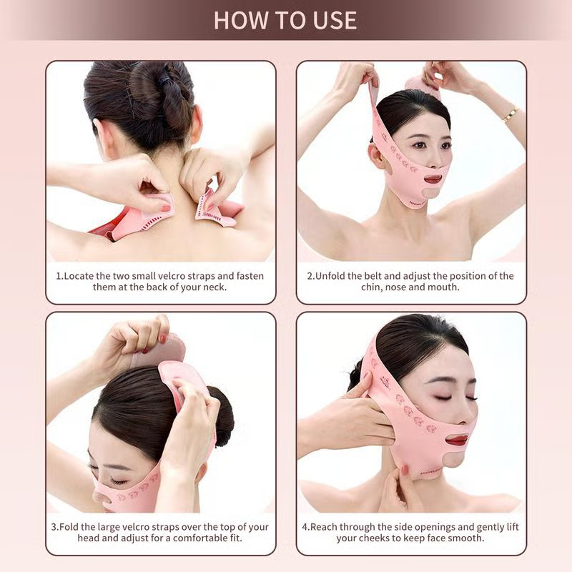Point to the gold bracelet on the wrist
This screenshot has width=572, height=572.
510,113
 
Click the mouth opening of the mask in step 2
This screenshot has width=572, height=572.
433,177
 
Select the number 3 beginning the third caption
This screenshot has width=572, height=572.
54,527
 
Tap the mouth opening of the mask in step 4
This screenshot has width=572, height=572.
457,440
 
